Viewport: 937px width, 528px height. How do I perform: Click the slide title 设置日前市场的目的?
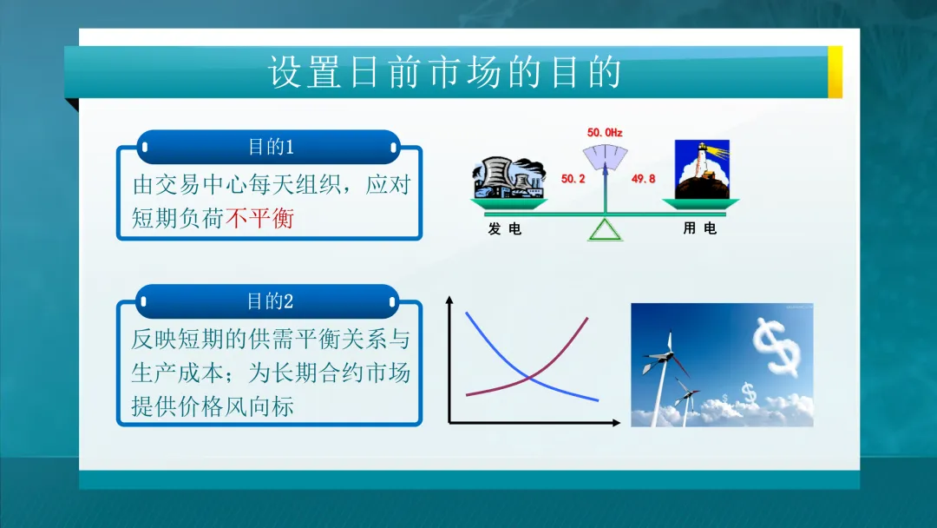[x=444, y=73]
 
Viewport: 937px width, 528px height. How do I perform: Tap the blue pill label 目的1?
[x=270, y=147]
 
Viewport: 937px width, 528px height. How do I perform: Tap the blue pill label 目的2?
[x=270, y=301]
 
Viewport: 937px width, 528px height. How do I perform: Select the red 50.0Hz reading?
[x=605, y=133]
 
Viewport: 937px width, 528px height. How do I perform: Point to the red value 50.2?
[x=573, y=179]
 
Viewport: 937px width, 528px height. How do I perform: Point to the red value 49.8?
[x=643, y=179]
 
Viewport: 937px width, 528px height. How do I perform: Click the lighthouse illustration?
[x=701, y=170]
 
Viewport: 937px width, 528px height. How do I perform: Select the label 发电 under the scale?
[x=505, y=229]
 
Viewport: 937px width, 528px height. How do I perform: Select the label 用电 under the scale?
[x=700, y=229]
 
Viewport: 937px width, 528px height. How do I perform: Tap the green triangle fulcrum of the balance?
[x=606, y=229]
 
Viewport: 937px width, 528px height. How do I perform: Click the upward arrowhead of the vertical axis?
[x=449, y=300]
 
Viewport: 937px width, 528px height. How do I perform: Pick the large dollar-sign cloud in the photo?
[x=776, y=346]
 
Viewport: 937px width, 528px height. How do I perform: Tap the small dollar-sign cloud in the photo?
[x=749, y=395]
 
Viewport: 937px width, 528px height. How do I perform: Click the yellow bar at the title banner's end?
[x=835, y=71]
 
